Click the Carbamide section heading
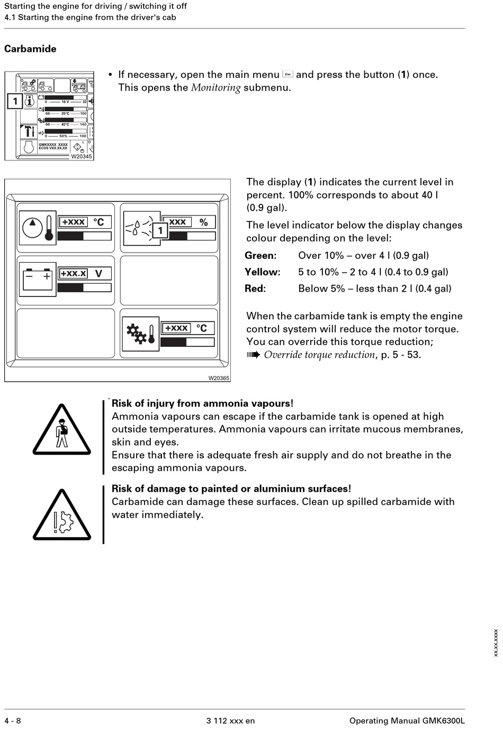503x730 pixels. coord(30,49)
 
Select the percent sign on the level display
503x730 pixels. coord(203,222)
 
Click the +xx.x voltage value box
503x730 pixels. coord(73,274)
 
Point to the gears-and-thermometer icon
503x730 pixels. coord(140,334)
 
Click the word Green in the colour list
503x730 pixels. coord(261,256)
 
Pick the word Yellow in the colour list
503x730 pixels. coord(262,272)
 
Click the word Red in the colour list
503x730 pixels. coord(255,289)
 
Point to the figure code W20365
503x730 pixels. coord(219,378)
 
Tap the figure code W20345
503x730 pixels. coord(82,156)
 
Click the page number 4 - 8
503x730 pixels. coord(13,720)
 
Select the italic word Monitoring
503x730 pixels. coord(215,88)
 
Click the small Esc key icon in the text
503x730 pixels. coord(288,74)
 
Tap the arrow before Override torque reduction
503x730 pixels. coord(254,355)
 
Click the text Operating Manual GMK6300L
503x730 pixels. coord(407,720)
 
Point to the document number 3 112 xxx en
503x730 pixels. coord(230,720)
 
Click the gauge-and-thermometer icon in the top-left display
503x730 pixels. coord(39,228)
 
